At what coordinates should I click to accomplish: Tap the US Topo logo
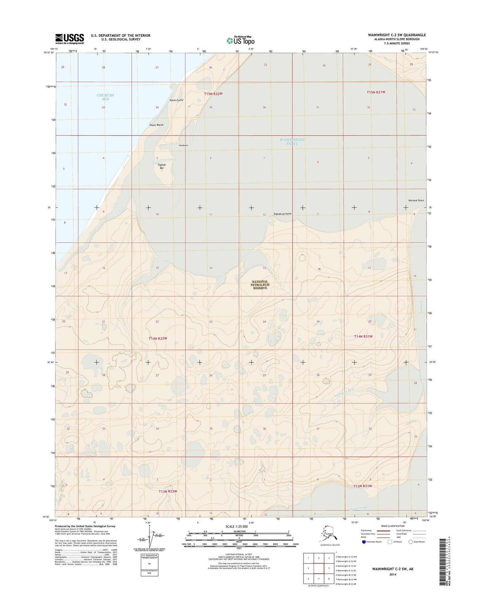coord(240,40)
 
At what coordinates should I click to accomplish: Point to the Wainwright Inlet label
coord(292,141)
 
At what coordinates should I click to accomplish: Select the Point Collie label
coord(176,100)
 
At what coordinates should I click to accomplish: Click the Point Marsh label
coord(156,125)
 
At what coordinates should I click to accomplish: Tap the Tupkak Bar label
coord(162,166)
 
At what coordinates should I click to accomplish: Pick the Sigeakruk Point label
coord(282,214)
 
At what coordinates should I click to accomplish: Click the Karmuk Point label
coord(416,201)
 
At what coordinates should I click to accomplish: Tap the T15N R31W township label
coord(376,92)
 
